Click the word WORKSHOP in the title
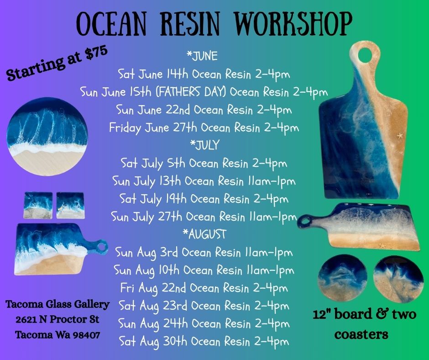293,24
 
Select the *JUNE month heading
202,56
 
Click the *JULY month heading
205,145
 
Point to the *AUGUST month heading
204,234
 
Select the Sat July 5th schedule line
204,164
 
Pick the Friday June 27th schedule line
204,128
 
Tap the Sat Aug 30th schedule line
204,342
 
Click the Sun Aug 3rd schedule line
204,253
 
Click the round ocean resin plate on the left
47,136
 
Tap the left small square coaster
38,206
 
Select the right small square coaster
70,206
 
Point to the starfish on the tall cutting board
400,135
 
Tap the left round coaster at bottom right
342,278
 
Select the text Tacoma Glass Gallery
58,304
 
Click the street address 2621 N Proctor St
58,319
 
